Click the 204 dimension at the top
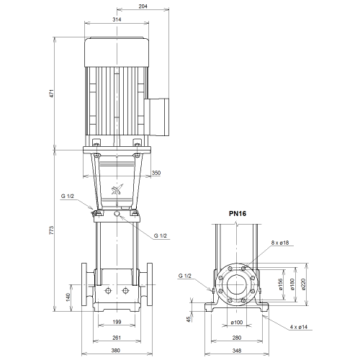click(143, 6)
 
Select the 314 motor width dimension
click(117, 19)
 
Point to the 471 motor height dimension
click(52, 93)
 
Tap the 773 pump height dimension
click(52, 230)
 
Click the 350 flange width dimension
click(156, 173)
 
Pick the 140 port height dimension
click(68, 297)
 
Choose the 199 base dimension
click(117, 322)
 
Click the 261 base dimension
click(117, 338)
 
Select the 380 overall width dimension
click(116, 351)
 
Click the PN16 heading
click(238, 214)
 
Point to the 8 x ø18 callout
click(280, 243)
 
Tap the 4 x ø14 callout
click(299, 327)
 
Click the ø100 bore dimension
click(237, 323)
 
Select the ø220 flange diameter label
click(303, 284)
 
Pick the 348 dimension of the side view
click(237, 351)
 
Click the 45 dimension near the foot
click(189, 319)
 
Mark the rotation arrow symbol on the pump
click(117, 189)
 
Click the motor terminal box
click(156, 117)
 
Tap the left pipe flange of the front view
click(84, 284)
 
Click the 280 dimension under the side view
click(237, 338)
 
